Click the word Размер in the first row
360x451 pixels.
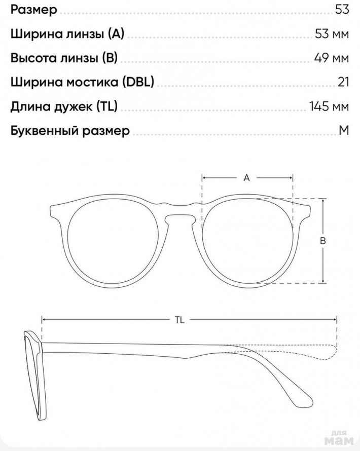pos(33,10)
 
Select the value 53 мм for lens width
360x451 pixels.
pos(332,34)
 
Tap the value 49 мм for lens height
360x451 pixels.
pos(332,58)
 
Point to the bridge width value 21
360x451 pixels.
pos(343,82)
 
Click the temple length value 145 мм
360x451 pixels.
pos(329,106)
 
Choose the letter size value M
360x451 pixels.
pos(344,130)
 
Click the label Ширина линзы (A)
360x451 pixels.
pos(67,34)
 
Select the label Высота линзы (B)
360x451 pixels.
pos(64,58)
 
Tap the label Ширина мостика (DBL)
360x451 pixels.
pos(82,82)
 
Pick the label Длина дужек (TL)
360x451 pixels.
pos(64,106)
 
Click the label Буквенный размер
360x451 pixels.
pos(70,131)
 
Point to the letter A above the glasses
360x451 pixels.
pos(247,178)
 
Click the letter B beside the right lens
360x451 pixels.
pos(322,241)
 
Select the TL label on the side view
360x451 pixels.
pos(179,320)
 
